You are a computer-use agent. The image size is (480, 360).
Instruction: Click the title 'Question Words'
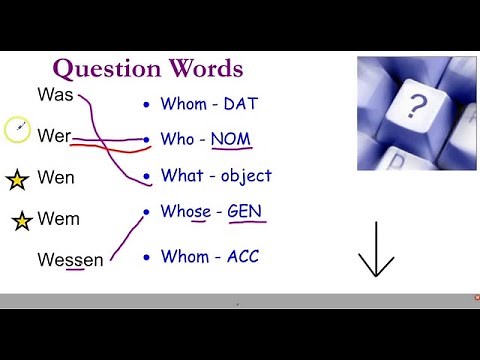coord(147,69)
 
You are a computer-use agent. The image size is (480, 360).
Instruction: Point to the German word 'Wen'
coord(56,179)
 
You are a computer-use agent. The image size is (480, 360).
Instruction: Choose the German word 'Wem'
coord(58,219)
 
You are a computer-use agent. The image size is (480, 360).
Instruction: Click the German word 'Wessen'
coord(70,260)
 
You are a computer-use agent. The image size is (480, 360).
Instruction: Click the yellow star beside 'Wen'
coord(16,180)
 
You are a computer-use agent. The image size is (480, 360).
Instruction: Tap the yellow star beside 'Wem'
coord(22,220)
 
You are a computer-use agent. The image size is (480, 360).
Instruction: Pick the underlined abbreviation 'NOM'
coord(230,139)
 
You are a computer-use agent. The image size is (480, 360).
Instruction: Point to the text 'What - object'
coord(216,175)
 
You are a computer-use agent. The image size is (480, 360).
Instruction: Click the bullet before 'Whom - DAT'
coord(146,103)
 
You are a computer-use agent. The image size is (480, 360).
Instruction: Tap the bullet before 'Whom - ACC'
coord(146,257)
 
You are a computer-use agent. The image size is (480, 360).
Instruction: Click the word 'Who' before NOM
coord(177,139)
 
